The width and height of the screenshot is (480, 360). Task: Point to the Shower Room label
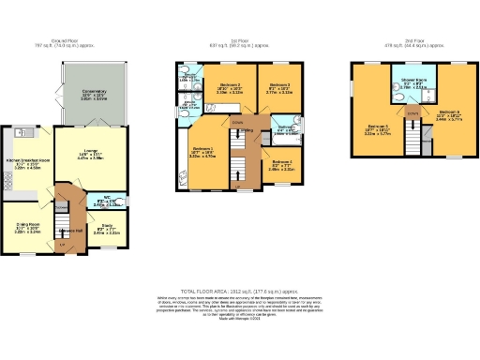pos(412,81)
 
